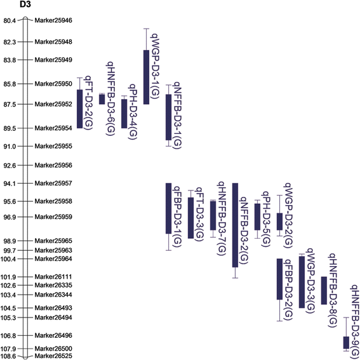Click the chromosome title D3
coord(25,5)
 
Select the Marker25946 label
coord(54,21)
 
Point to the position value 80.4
coord(10,21)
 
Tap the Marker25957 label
coord(54,183)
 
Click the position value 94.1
coord(10,183)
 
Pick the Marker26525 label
coord(54,356)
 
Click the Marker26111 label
coord(54,277)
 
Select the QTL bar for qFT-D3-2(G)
coord(79,109)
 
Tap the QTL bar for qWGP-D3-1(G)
coord(146,76)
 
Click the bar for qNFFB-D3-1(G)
coord(168,117)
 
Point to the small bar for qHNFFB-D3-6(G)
coord(102,98)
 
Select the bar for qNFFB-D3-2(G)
coord(235,225)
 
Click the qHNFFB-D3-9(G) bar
coord(346,342)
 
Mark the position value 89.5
coord(10,128)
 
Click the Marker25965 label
coord(54,241)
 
